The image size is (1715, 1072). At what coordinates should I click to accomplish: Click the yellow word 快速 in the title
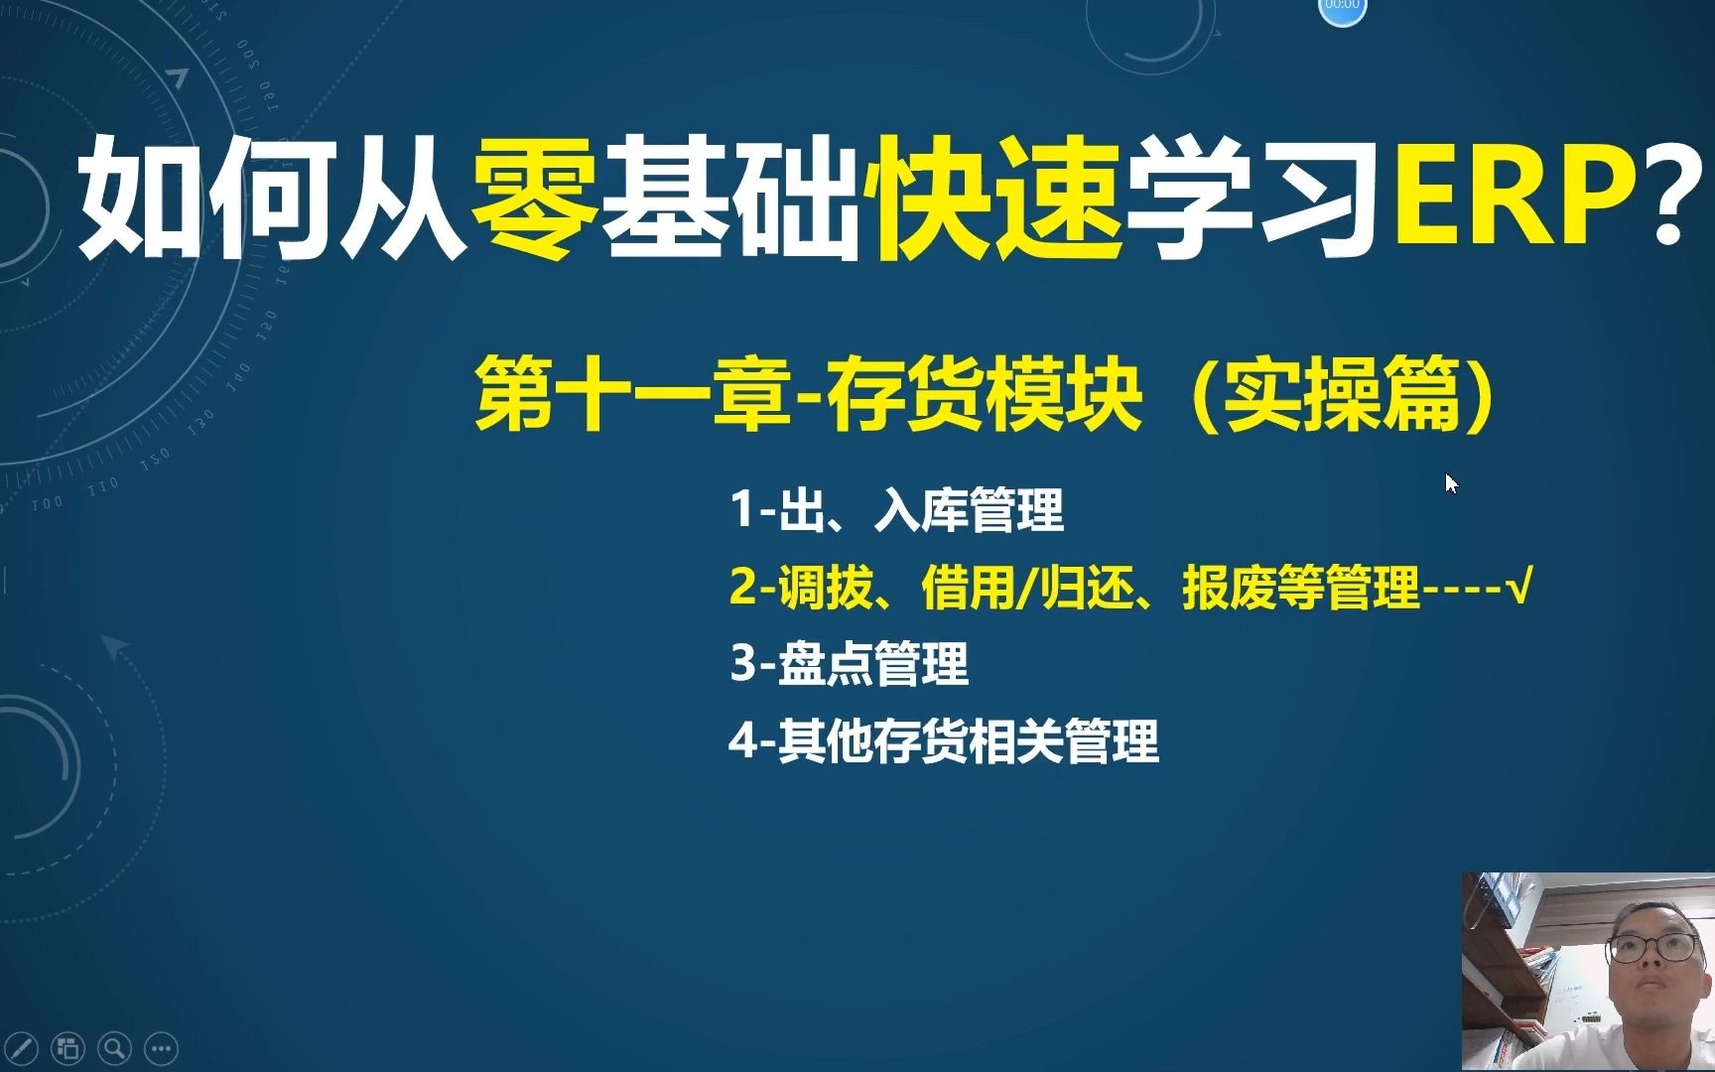[x=997, y=197]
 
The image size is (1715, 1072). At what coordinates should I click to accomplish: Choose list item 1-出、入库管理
[x=896, y=511]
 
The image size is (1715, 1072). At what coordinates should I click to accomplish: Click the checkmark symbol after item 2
[x=1519, y=588]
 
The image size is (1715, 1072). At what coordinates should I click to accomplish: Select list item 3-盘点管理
[x=849, y=664]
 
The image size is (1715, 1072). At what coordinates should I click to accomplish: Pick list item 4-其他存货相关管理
[x=943, y=741]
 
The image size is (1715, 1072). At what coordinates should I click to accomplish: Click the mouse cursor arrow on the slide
[x=1451, y=482]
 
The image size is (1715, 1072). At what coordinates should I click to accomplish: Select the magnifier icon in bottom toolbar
[x=115, y=1048]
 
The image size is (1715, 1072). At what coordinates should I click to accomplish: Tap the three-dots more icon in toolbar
[x=162, y=1048]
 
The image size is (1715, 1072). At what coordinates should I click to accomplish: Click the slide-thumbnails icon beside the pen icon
[x=68, y=1048]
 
